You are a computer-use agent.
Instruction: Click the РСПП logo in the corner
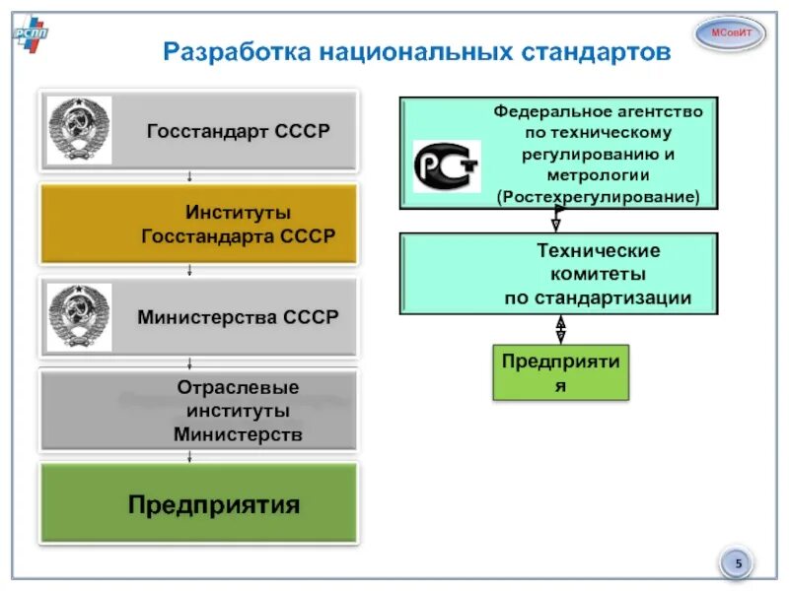click(x=30, y=36)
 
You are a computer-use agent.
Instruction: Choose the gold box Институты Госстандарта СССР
click(x=198, y=225)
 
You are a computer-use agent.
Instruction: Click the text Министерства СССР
click(x=238, y=317)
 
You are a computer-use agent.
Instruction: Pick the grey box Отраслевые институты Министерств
click(x=198, y=410)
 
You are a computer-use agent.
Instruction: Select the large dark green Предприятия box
click(x=198, y=503)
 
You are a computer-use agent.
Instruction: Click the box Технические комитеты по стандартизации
click(x=559, y=274)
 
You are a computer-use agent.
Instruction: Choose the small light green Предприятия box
click(x=560, y=372)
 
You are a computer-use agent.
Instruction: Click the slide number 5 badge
click(x=737, y=564)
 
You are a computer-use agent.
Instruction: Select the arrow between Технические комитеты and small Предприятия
click(x=560, y=329)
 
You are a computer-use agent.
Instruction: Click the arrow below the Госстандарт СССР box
click(x=189, y=177)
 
